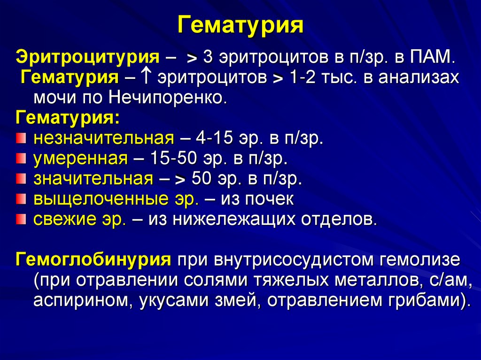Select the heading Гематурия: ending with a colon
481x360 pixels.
pos(68,117)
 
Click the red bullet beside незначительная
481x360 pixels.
pos(21,138)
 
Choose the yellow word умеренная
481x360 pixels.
pos(80,159)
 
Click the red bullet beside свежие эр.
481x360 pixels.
pos(21,219)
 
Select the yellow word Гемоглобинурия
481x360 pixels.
pos(93,260)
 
